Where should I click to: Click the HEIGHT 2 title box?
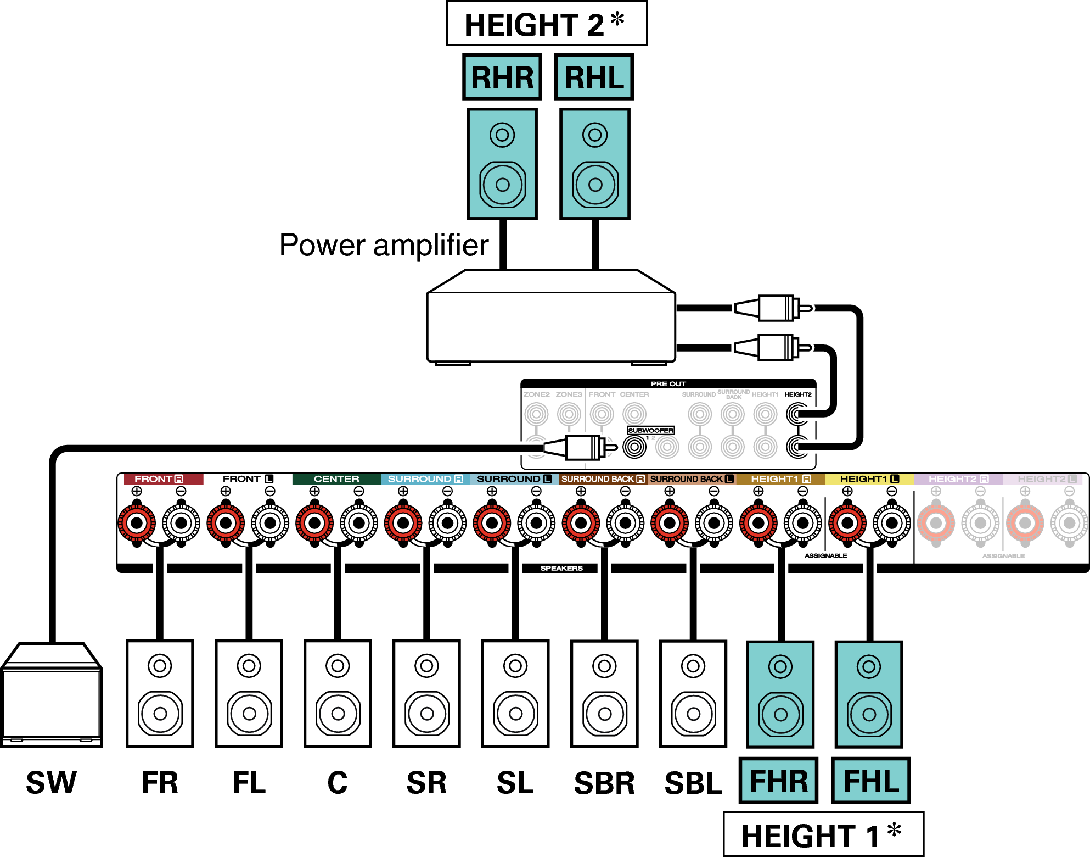point(546,24)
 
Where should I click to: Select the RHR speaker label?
point(502,77)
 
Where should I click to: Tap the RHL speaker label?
point(594,77)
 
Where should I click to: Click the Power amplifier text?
point(384,245)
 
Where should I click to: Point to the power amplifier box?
point(551,324)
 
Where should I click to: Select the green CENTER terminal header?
point(336,479)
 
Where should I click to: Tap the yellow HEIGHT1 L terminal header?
point(869,479)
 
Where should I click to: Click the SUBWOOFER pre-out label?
point(650,431)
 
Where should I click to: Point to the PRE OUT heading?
point(668,384)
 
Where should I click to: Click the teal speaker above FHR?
point(780,694)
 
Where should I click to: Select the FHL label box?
point(870,781)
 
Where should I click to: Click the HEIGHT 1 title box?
point(823,834)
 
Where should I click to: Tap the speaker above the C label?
point(338,694)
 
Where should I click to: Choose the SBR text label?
point(604,783)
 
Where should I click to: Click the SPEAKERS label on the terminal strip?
point(561,568)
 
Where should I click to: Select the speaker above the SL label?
point(515,694)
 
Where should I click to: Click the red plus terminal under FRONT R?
point(137,523)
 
